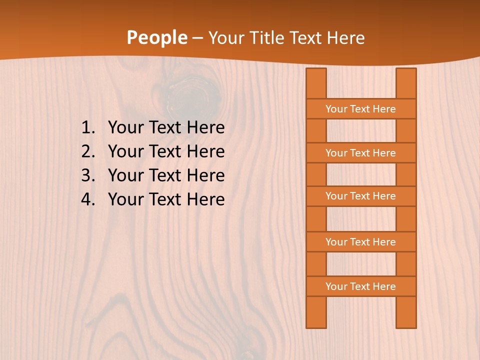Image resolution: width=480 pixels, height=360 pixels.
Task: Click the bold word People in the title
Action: (x=156, y=38)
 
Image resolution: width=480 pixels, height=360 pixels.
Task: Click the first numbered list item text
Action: (x=166, y=128)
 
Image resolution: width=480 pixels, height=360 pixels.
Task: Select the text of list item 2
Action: (x=166, y=151)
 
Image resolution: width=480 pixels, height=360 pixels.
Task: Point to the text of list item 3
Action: (x=166, y=175)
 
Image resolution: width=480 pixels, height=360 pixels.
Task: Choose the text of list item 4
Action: (x=166, y=199)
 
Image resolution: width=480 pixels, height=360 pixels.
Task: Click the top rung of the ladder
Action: (x=360, y=109)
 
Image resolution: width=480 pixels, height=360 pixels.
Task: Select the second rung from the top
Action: (x=360, y=153)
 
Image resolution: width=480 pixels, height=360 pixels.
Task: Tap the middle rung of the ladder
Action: (x=360, y=196)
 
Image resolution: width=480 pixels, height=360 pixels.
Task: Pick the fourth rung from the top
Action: (x=360, y=242)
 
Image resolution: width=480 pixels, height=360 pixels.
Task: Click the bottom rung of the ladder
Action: (x=360, y=286)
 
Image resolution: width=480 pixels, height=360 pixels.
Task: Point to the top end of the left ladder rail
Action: (x=316, y=75)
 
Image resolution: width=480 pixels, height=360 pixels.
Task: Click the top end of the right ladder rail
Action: (x=406, y=75)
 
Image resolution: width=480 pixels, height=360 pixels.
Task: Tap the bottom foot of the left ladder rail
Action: (x=316, y=320)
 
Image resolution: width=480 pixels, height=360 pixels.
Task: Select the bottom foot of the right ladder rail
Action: (x=406, y=320)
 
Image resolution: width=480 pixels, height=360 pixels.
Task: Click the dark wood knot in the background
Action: (x=192, y=92)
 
